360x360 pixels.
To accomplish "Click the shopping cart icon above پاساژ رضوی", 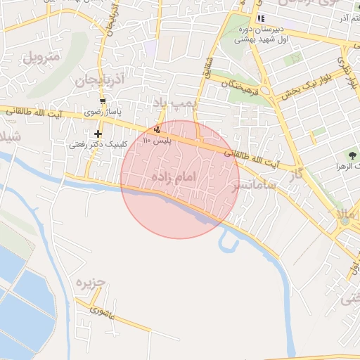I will coord(103,101).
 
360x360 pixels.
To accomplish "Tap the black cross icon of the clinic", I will coord(97,134).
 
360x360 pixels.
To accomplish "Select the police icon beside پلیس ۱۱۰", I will coord(156,129).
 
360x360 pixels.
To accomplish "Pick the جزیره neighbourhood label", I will coord(85,285).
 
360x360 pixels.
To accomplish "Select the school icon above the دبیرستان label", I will coord(261,18).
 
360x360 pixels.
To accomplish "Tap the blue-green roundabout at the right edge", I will coord(345,221).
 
